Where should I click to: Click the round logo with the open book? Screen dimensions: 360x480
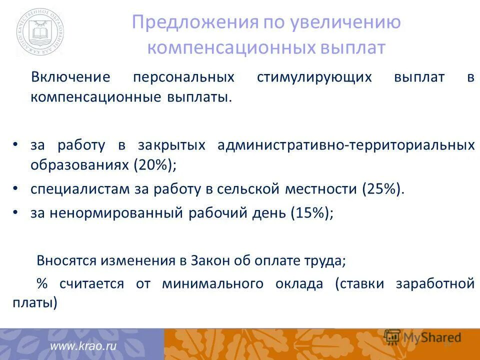coord(39,32)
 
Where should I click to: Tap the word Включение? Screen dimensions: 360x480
coord(70,77)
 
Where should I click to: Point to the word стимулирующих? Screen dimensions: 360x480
coord(314,77)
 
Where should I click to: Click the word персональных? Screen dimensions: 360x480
coord(183,77)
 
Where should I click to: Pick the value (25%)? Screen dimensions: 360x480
coord(381,189)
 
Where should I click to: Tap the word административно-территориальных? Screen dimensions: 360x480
coord(346,145)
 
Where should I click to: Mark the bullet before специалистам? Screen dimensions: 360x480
coord(15,188)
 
